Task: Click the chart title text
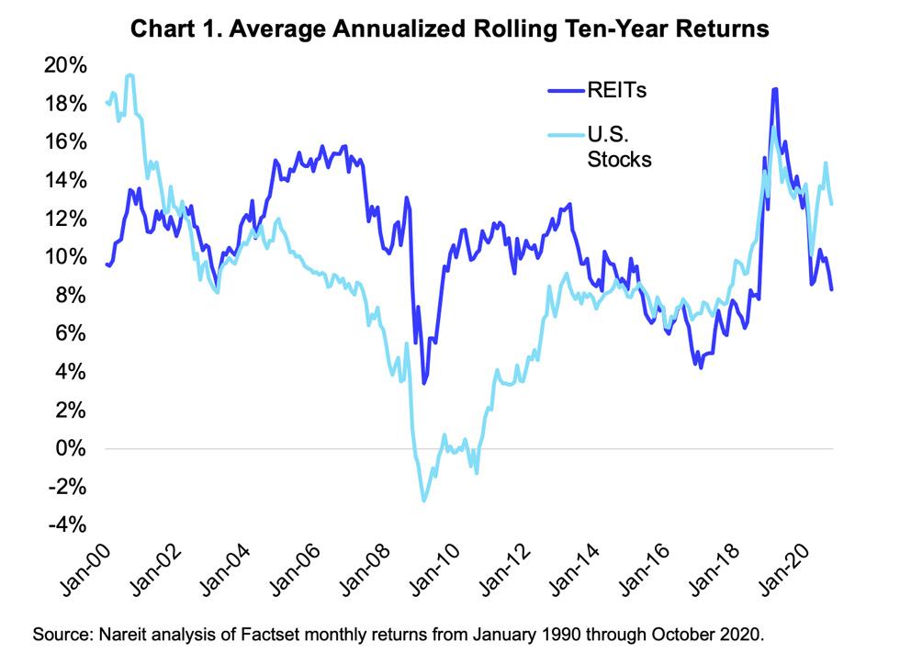click(449, 29)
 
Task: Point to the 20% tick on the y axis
click(65, 66)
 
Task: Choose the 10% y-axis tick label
click(65, 257)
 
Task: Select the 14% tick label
click(65, 181)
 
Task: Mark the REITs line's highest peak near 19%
click(776, 89)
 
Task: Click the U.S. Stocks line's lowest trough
click(424, 501)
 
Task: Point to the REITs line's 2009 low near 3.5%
click(423, 383)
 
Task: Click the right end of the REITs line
click(832, 289)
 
